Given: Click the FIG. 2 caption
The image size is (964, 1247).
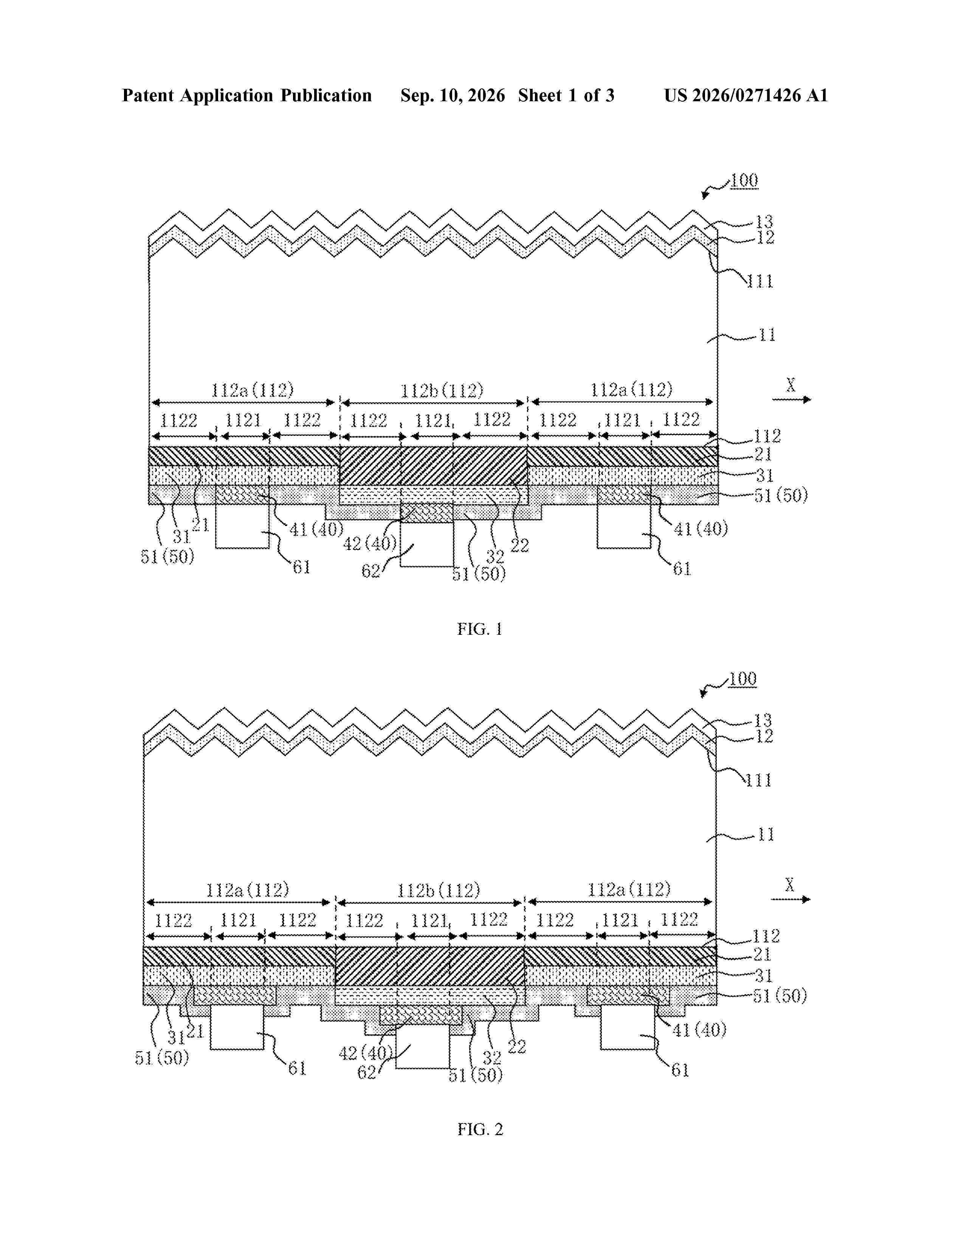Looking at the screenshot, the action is point(480,1129).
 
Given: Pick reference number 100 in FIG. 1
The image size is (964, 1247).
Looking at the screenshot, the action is point(744,181).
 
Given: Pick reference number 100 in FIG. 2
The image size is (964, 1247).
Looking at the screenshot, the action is point(742,679).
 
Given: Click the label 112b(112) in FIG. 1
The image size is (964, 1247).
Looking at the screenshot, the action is point(442,391).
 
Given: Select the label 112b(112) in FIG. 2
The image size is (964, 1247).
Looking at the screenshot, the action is point(439,890).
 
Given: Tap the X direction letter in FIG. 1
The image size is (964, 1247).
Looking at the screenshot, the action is point(790,386).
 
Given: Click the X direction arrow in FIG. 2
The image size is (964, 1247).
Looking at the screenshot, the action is point(790,900).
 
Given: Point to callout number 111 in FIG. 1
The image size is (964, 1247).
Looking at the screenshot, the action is point(759,282).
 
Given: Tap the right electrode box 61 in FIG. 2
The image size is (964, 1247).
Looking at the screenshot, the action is point(627,1027).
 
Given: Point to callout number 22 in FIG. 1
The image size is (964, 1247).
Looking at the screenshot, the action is point(520,546).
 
